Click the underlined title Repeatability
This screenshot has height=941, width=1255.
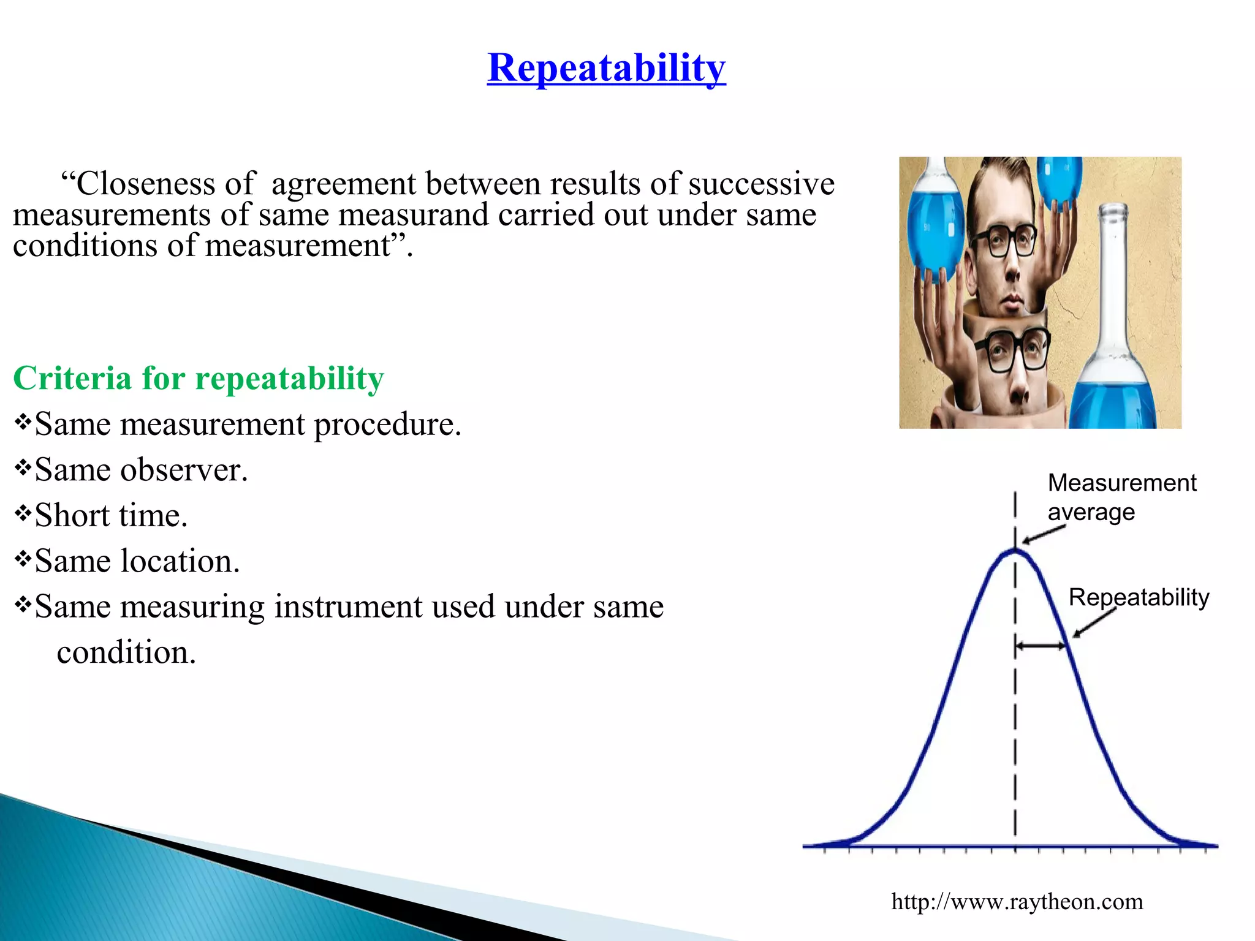(606, 67)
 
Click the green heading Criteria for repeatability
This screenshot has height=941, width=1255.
(198, 378)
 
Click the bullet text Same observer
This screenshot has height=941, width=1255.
(141, 470)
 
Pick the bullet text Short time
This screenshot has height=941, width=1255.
(110, 515)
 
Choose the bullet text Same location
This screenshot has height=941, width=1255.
(137, 561)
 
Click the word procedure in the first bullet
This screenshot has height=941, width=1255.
(387, 425)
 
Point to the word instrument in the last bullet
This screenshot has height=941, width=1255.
(384, 607)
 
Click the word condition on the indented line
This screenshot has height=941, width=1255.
(126, 652)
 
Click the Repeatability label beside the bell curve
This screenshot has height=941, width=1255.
(1139, 597)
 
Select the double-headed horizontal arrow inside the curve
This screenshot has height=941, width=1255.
(1040, 646)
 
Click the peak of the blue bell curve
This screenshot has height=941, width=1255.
(1015, 551)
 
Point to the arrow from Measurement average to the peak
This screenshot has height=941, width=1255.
(1044, 535)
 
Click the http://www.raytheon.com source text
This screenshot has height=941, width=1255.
(1017, 902)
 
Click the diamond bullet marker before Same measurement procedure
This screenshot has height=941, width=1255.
(23, 421)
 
